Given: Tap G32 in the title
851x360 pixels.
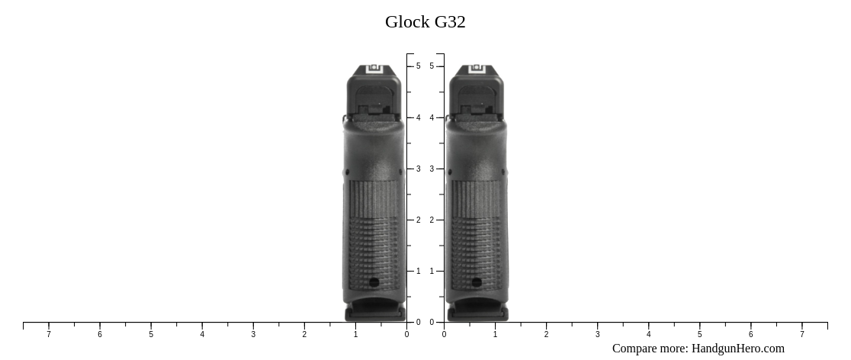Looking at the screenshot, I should click(450, 22).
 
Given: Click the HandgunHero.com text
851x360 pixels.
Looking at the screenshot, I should click(737, 349).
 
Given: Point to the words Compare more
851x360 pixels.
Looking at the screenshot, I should click(650, 349).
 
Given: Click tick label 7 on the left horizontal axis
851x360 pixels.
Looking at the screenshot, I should click(49, 334).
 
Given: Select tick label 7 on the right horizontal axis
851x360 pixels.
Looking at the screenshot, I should click(801, 334).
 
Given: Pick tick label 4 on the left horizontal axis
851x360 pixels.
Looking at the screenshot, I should click(202, 334).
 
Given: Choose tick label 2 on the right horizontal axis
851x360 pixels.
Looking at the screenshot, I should click(546, 334).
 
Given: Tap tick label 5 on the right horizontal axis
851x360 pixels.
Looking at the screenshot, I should click(699, 334).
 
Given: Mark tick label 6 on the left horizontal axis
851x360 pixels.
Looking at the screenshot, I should click(100, 334).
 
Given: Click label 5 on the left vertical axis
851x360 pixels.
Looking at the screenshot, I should click(418, 66).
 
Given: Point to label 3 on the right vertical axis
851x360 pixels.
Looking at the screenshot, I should click(432, 169).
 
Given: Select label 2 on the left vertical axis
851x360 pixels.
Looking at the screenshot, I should click(418, 220).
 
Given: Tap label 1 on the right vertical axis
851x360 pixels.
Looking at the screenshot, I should click(432, 271).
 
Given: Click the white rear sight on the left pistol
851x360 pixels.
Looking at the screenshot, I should click(374, 69).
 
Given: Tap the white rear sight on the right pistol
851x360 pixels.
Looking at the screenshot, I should click(477, 69).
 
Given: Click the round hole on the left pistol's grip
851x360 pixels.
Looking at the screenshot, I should click(374, 282).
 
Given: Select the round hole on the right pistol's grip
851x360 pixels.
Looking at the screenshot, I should click(477, 282).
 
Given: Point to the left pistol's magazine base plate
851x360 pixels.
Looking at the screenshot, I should click(374, 313).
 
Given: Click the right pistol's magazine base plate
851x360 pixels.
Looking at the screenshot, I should click(477, 313).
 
